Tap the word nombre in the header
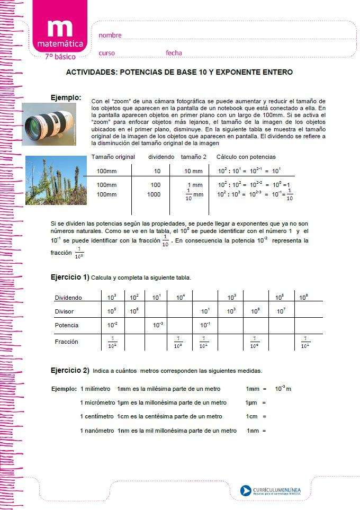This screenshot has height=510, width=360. [110, 35]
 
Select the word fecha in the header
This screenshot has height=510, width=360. [174, 53]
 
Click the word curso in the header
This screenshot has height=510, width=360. [106, 53]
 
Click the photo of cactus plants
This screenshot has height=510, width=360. [52, 180]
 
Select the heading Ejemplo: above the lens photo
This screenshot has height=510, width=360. [66, 97]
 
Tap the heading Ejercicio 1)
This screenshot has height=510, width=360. [70, 277]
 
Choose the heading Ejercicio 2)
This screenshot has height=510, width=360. [70, 370]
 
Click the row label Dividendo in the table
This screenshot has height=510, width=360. [68, 298]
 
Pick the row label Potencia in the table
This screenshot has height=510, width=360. [67, 325]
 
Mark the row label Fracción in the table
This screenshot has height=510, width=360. [66, 342]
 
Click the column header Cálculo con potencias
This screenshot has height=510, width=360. [246, 157]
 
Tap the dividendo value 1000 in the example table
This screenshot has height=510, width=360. [154, 194]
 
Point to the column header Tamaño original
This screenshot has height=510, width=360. [113, 157]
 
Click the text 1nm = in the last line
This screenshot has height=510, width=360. [256, 431]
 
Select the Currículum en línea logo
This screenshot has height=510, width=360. [270, 490]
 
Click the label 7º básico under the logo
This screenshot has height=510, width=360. [60, 56]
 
